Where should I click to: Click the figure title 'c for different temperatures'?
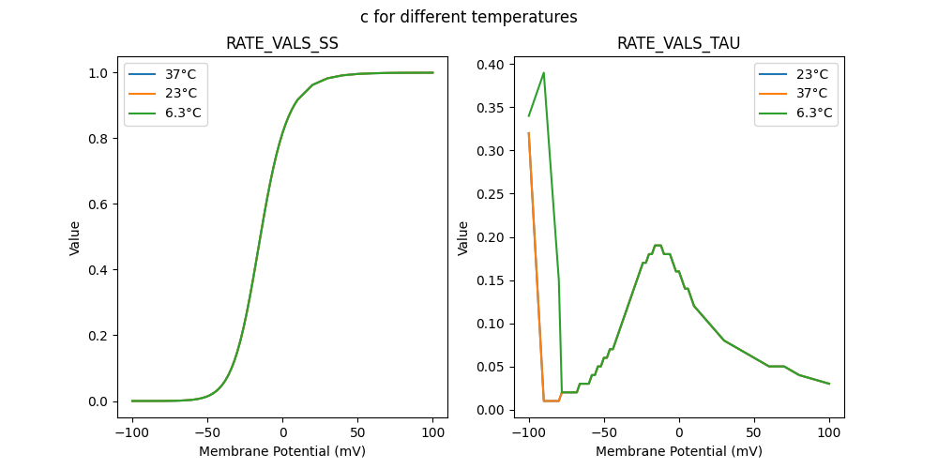point(468,17)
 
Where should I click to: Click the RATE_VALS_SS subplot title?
point(281,43)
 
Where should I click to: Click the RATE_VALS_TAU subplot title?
point(678,43)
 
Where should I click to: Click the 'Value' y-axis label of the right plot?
point(462,238)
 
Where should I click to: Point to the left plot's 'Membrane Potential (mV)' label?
point(281,451)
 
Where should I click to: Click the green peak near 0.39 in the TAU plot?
point(544,73)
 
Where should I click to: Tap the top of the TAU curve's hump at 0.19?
point(658,246)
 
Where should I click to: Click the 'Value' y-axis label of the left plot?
point(74,238)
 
